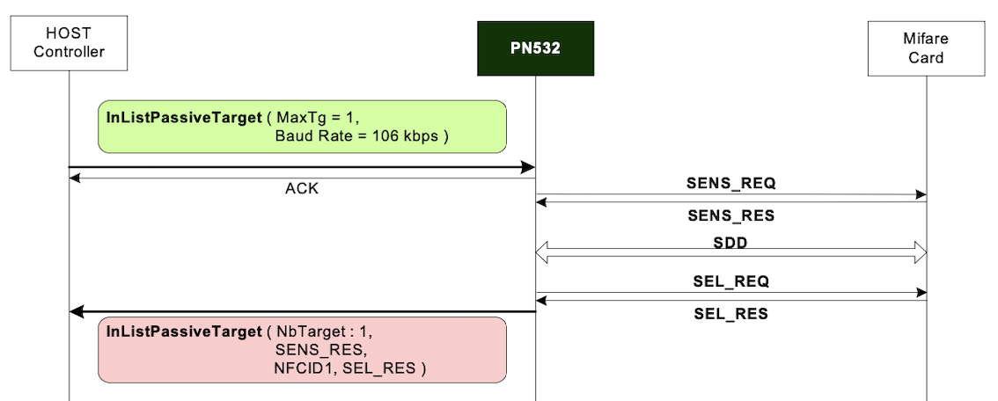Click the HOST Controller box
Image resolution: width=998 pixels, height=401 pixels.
(69, 43)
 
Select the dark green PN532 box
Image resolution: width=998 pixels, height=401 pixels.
(535, 48)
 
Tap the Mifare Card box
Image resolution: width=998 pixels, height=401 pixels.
(926, 48)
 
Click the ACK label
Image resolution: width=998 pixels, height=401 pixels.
(302, 188)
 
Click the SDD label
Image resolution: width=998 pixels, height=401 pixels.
(730, 243)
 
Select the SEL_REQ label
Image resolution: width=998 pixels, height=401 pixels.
(730, 282)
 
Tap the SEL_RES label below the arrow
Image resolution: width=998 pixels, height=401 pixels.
(730, 314)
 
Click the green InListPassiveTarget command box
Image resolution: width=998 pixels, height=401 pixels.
(302, 127)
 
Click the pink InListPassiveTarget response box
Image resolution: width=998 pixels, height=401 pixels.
(302, 350)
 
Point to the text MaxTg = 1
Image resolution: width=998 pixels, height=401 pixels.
(319, 117)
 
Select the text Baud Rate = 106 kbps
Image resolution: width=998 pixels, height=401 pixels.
(362, 136)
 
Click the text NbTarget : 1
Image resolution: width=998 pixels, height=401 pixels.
(326, 332)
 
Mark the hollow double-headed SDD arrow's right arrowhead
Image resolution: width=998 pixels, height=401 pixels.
(920, 252)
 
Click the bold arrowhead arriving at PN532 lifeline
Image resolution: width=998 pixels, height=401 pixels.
(528, 167)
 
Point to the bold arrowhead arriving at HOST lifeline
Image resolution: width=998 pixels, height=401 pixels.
(77, 311)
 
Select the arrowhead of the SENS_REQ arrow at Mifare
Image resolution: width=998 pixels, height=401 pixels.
(921, 195)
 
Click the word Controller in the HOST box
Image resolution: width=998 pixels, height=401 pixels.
(69, 52)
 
